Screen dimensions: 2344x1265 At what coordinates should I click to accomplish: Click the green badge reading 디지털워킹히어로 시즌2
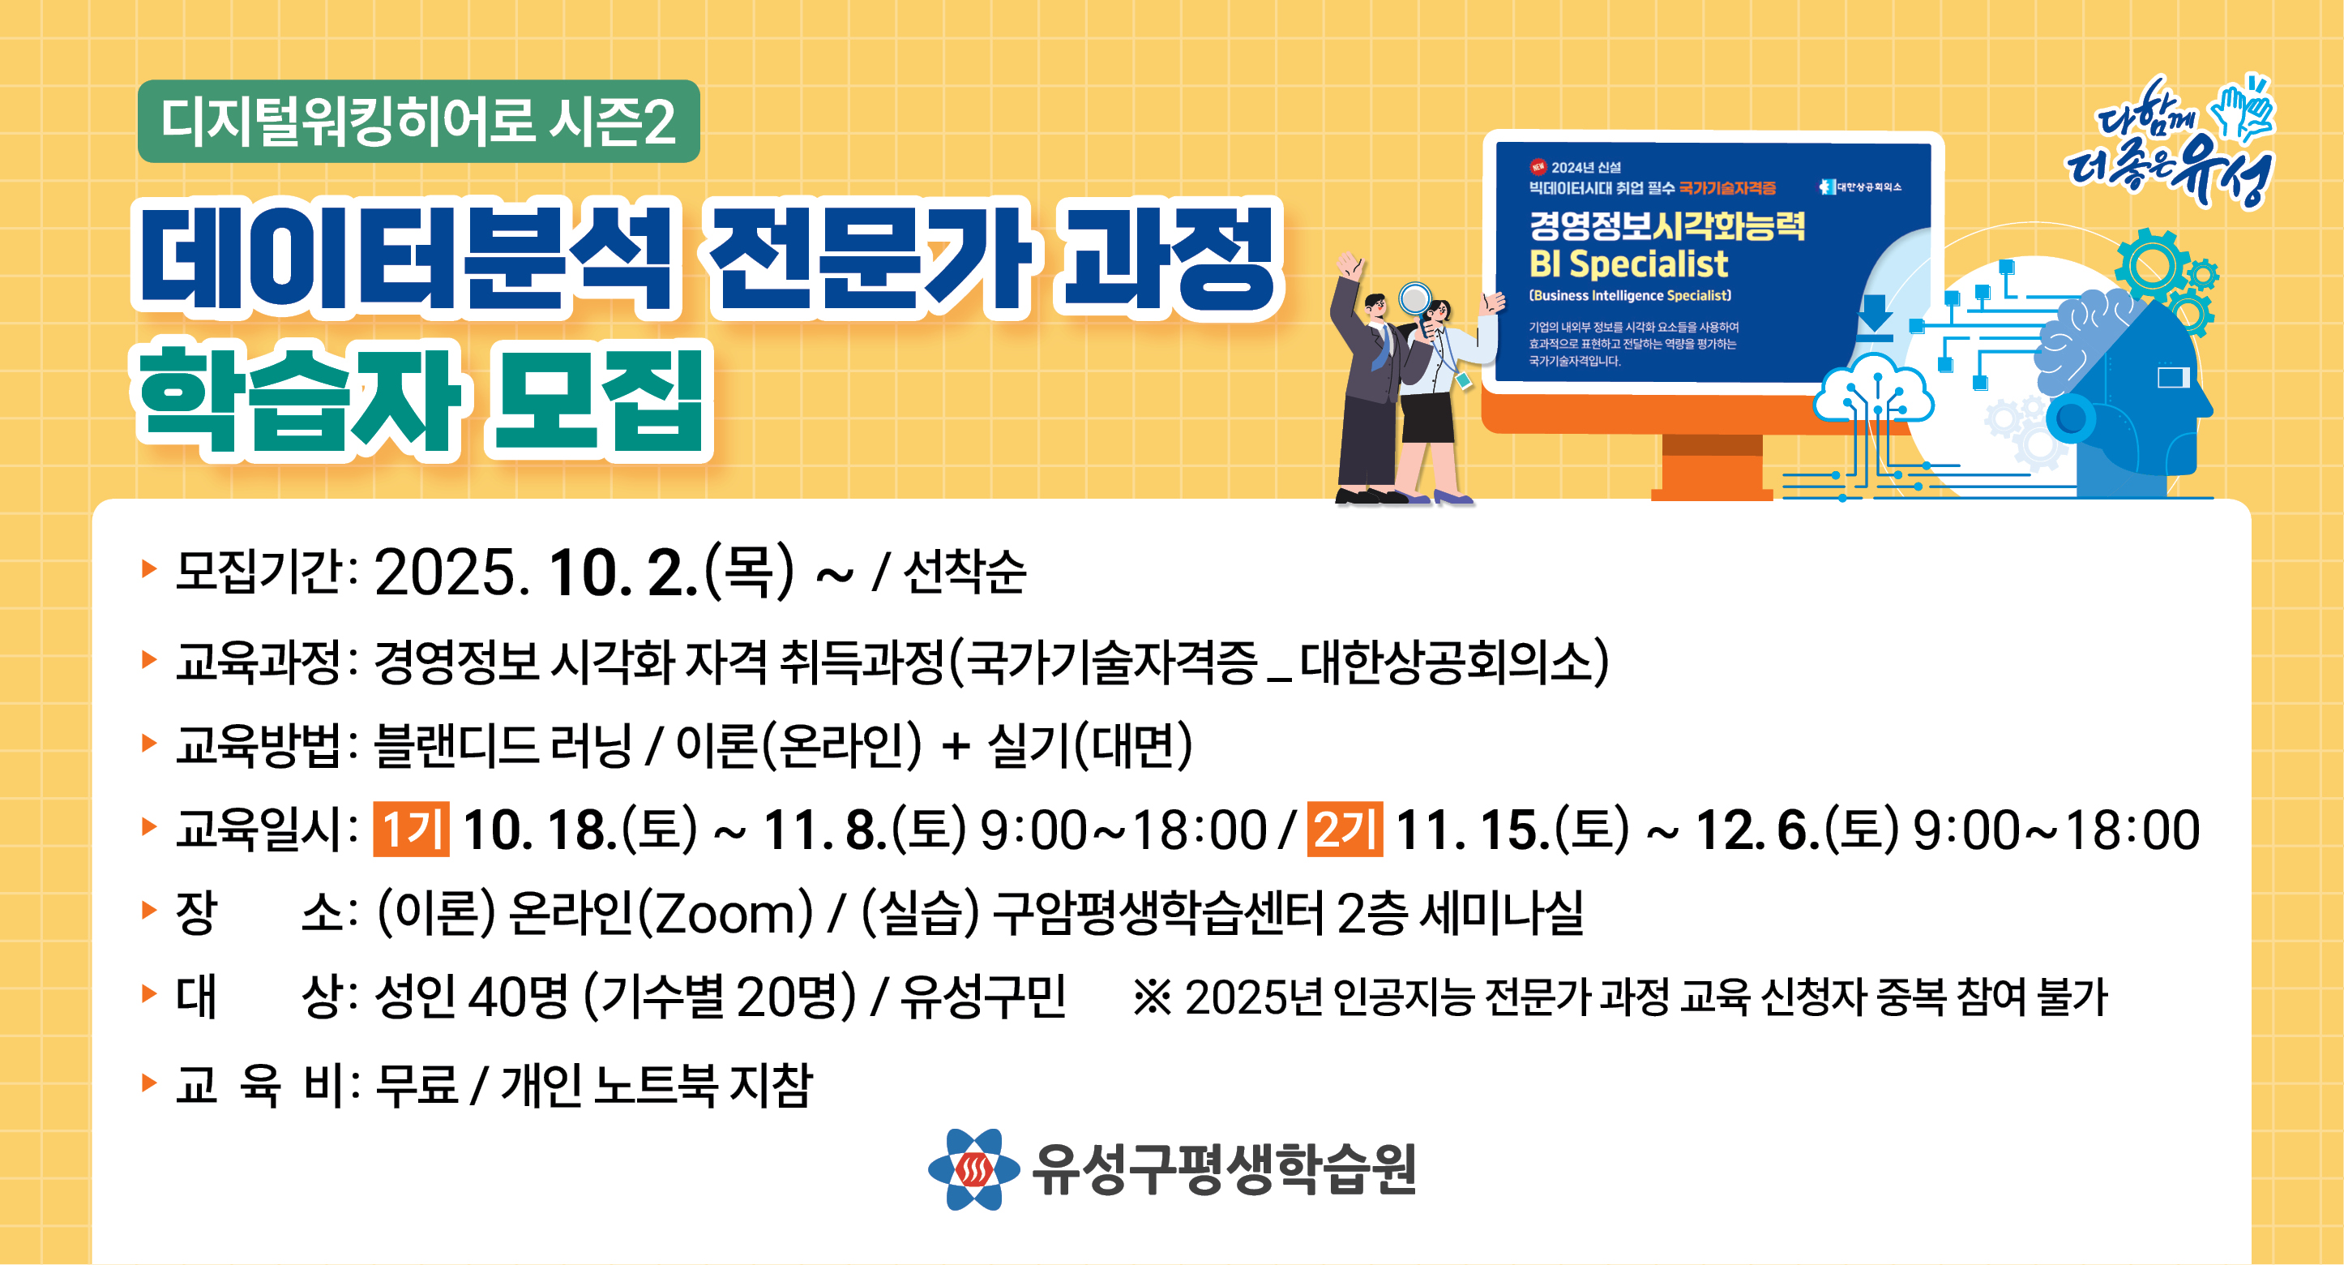click(418, 121)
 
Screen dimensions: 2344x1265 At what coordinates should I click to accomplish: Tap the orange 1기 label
click(411, 829)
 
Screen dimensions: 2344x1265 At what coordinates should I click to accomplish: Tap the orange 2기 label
click(1345, 829)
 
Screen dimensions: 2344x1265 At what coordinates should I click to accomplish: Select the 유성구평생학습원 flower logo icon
click(973, 1169)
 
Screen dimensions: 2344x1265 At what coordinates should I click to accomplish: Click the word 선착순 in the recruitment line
click(965, 572)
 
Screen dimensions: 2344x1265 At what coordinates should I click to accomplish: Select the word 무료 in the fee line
click(416, 1085)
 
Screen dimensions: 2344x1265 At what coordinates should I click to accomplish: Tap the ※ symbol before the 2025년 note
click(1152, 997)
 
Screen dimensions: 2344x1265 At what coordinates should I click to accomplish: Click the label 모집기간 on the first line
click(259, 572)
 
